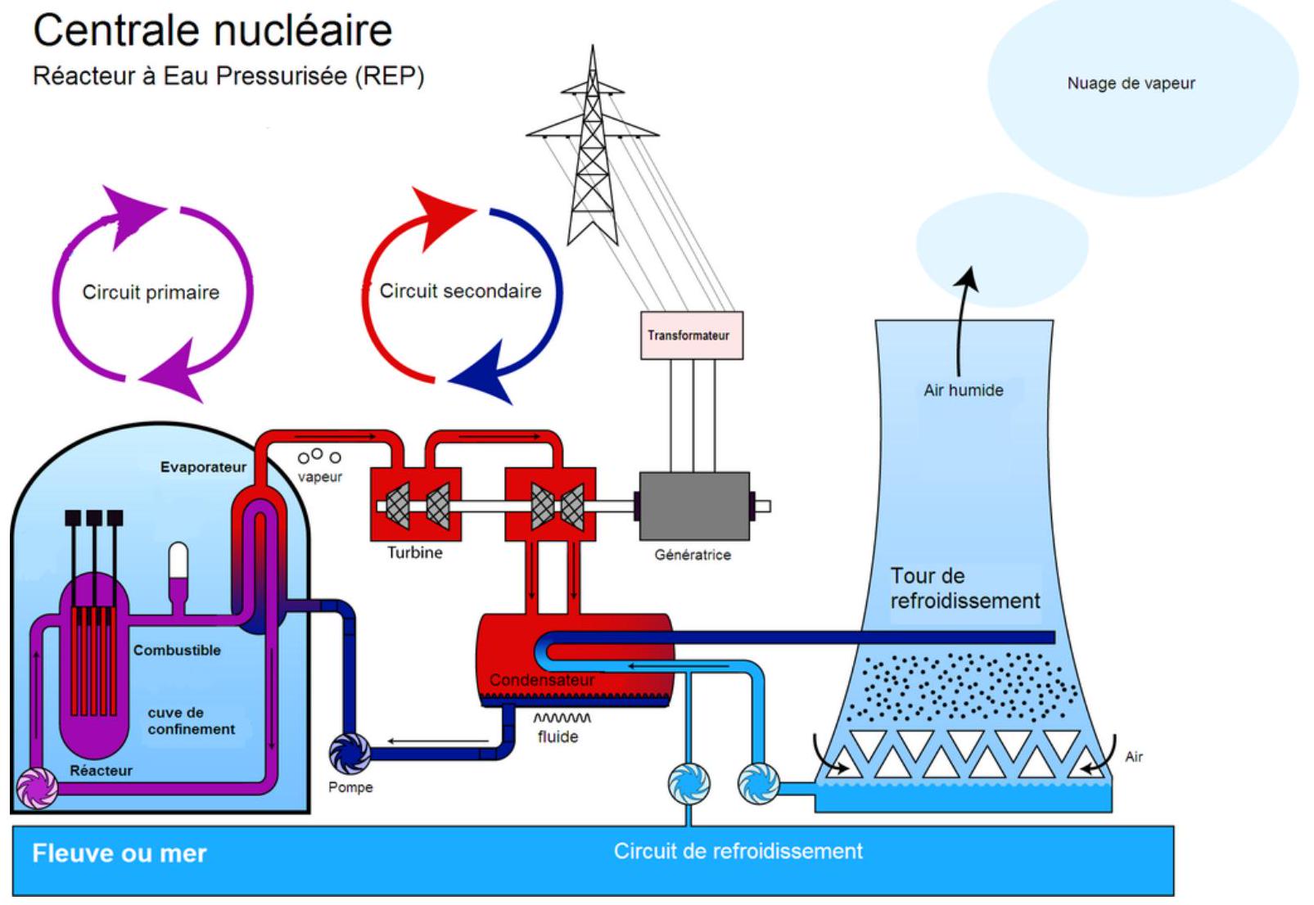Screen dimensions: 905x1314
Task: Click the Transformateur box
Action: click(x=691, y=335)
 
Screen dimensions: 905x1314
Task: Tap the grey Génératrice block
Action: click(x=693, y=506)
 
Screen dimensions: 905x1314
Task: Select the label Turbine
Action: click(x=415, y=553)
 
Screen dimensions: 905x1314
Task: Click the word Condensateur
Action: click(x=542, y=680)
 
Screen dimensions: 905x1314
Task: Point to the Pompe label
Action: click(x=350, y=787)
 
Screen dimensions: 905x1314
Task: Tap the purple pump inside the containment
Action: click(x=38, y=789)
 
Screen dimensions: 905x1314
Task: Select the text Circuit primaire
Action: click(x=151, y=292)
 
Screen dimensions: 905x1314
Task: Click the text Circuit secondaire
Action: click(x=460, y=291)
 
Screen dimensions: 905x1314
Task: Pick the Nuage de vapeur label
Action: click(x=1131, y=83)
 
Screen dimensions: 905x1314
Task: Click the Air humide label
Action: click(x=964, y=390)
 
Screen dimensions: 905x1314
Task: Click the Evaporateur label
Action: click(x=203, y=467)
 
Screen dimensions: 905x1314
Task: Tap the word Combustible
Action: click(x=177, y=651)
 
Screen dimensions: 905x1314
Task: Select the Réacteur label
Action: click(x=101, y=771)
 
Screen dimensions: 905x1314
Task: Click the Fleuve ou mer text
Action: click(x=120, y=853)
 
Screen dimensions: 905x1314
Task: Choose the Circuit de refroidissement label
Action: click(x=738, y=852)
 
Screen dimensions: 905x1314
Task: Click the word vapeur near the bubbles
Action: click(x=320, y=477)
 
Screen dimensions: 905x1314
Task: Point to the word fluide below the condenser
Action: click(x=558, y=737)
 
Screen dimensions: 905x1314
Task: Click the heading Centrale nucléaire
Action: click(x=213, y=31)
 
